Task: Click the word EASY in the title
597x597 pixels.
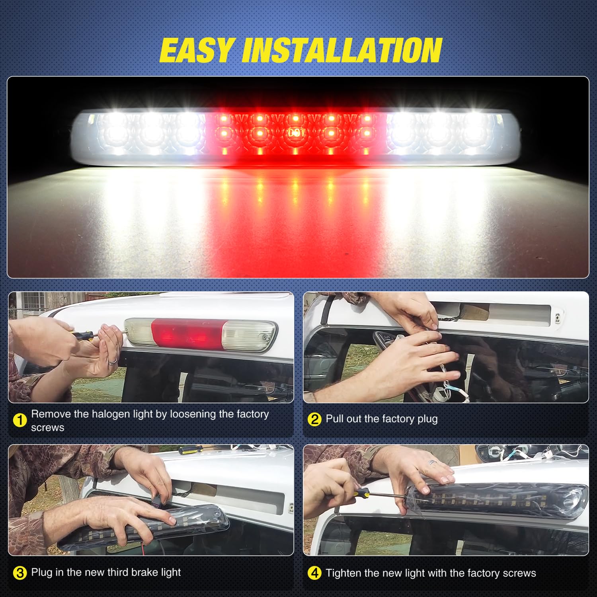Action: [x=196, y=50]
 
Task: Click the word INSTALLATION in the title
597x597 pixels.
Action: [x=342, y=50]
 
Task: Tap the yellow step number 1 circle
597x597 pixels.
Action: [x=20, y=420]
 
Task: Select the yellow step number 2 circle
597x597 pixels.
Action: [x=314, y=419]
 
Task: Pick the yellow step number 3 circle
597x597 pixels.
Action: [x=20, y=573]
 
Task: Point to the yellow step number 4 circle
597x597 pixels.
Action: [x=314, y=573]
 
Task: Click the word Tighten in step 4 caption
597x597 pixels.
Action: [x=343, y=573]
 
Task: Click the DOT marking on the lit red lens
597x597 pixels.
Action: [x=295, y=133]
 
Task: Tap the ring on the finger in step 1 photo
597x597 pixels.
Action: [x=113, y=361]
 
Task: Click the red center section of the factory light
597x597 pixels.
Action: [x=187, y=334]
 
